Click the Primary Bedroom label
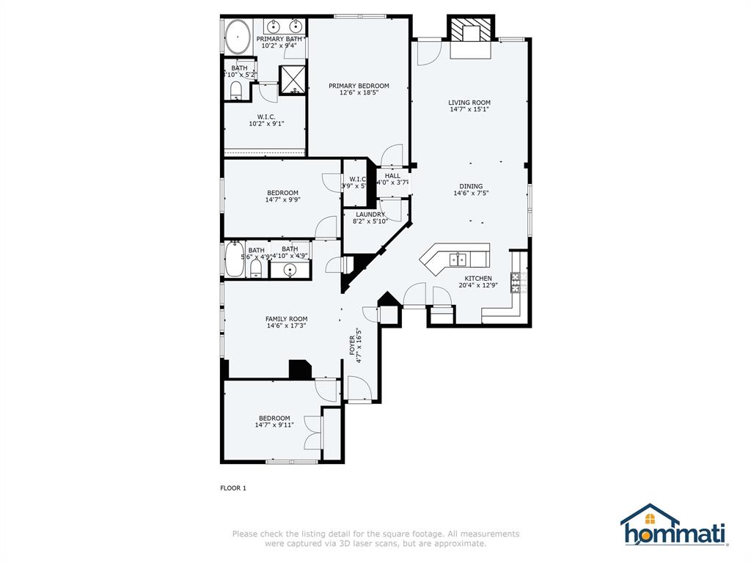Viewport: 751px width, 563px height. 359,86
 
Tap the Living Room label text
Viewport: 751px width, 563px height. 469,103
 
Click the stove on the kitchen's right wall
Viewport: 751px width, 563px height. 516,280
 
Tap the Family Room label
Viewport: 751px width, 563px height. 286,319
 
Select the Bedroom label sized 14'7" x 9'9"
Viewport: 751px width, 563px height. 282,193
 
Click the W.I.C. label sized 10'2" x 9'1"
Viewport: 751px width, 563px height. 266,117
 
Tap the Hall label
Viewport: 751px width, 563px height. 392,176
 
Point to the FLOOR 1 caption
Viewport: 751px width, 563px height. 233,487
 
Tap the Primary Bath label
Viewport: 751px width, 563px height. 279,39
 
